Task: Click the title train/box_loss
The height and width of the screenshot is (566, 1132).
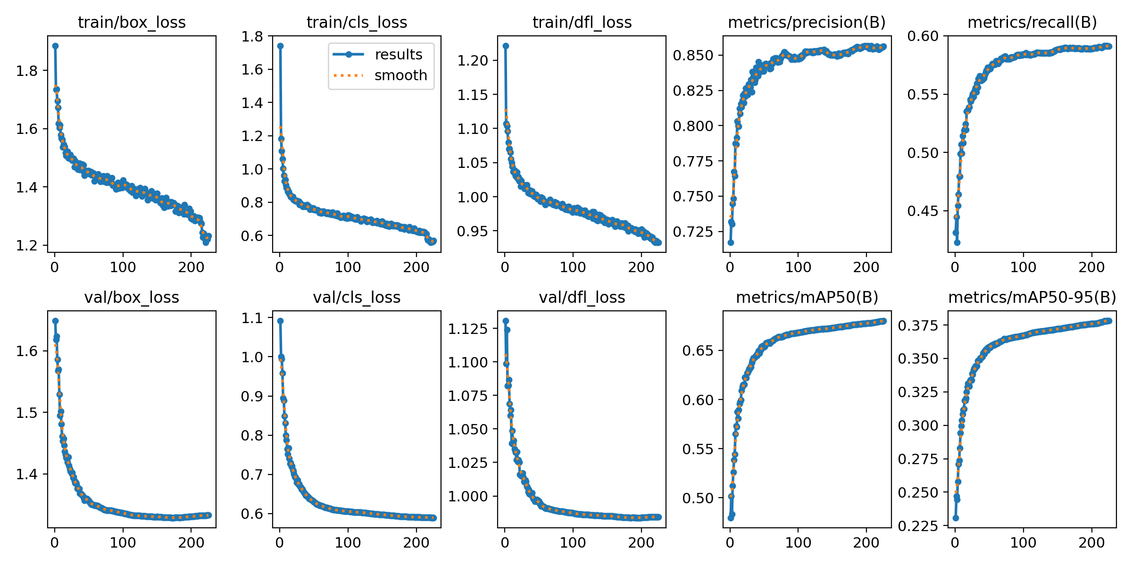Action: pyautogui.click(x=132, y=23)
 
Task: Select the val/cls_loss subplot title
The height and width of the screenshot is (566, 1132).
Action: pyautogui.click(x=357, y=298)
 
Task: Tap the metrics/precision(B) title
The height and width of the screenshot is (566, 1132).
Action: pyautogui.click(x=807, y=23)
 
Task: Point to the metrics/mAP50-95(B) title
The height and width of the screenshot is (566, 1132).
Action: pyautogui.click(x=1032, y=298)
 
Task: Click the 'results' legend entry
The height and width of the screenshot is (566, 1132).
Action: pyautogui.click(x=399, y=55)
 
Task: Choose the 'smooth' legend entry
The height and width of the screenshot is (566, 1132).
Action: pyautogui.click(x=400, y=75)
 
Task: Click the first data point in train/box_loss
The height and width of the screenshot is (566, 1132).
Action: pyautogui.click(x=55, y=46)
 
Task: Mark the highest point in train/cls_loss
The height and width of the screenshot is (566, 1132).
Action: pyautogui.click(x=280, y=46)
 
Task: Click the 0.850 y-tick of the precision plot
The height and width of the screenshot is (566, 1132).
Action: pyautogui.click(x=693, y=56)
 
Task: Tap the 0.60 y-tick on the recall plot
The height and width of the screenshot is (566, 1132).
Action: pyautogui.click(x=923, y=36)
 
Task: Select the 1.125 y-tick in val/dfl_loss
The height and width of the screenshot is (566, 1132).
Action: pyautogui.click(x=467, y=329)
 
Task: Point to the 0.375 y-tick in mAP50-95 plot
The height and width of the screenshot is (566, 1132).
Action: pyautogui.click(x=918, y=325)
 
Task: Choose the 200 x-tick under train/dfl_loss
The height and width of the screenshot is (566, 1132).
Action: pyautogui.click(x=641, y=267)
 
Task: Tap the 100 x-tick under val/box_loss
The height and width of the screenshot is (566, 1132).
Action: pyautogui.click(x=123, y=542)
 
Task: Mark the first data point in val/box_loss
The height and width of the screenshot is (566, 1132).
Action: pyautogui.click(x=55, y=321)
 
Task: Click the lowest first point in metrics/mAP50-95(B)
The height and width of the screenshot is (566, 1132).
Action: pyautogui.click(x=956, y=518)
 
